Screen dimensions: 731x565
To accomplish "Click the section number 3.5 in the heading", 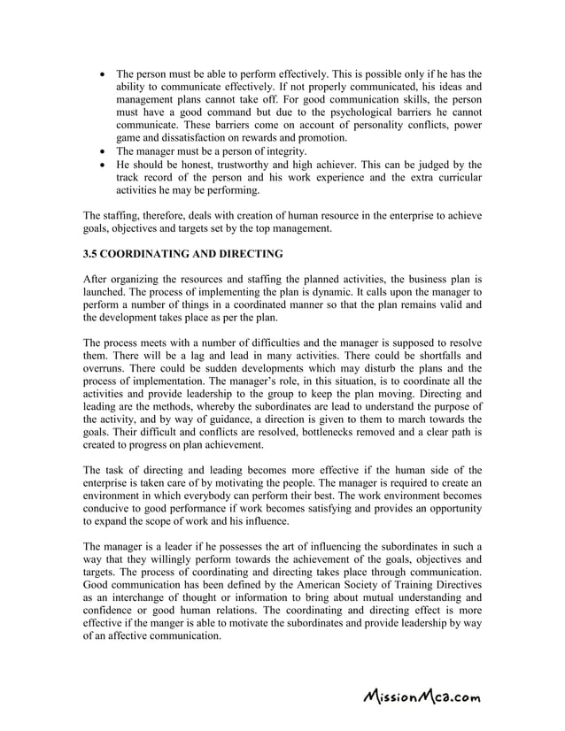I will pyautogui.click(x=91, y=254).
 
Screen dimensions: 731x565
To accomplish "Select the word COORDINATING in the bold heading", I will pyautogui.click(x=151, y=254).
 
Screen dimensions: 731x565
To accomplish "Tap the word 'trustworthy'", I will pyautogui.click(x=242, y=165).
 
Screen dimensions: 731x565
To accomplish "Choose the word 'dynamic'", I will pyautogui.click(x=382, y=291).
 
